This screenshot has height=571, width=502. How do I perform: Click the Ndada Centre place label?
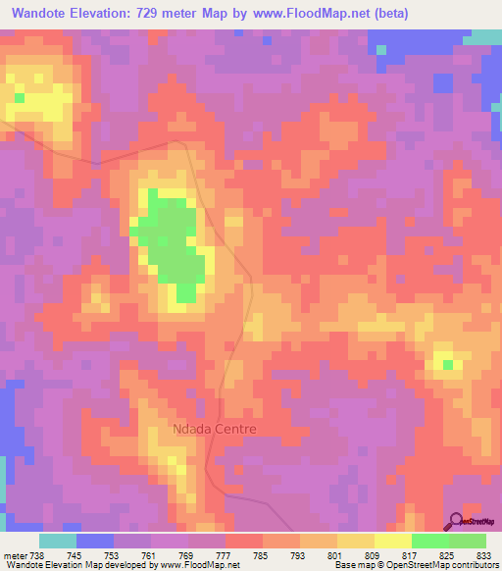(213, 429)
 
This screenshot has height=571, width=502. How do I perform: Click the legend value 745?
(75, 554)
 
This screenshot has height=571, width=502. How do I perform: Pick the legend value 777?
(225, 554)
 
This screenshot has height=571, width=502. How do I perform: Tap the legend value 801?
(335, 554)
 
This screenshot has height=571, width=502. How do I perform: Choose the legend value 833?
(484, 554)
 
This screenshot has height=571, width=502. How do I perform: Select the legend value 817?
(410, 554)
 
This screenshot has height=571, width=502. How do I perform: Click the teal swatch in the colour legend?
(58, 541)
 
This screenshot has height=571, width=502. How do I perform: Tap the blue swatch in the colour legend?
(95, 541)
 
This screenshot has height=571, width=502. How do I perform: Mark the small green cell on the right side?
(448, 365)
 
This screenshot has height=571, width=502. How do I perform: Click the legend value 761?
(150, 554)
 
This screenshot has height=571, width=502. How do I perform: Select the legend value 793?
(299, 554)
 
